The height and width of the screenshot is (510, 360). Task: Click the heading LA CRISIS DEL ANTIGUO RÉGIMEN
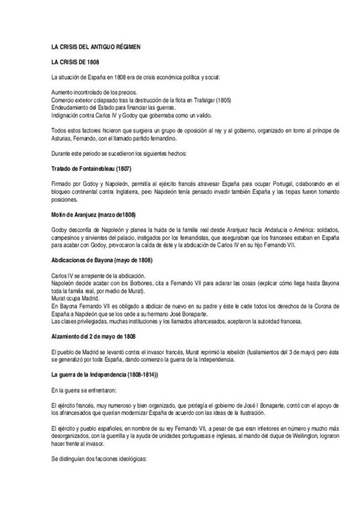96,47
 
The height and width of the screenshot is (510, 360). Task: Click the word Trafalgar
206,100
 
